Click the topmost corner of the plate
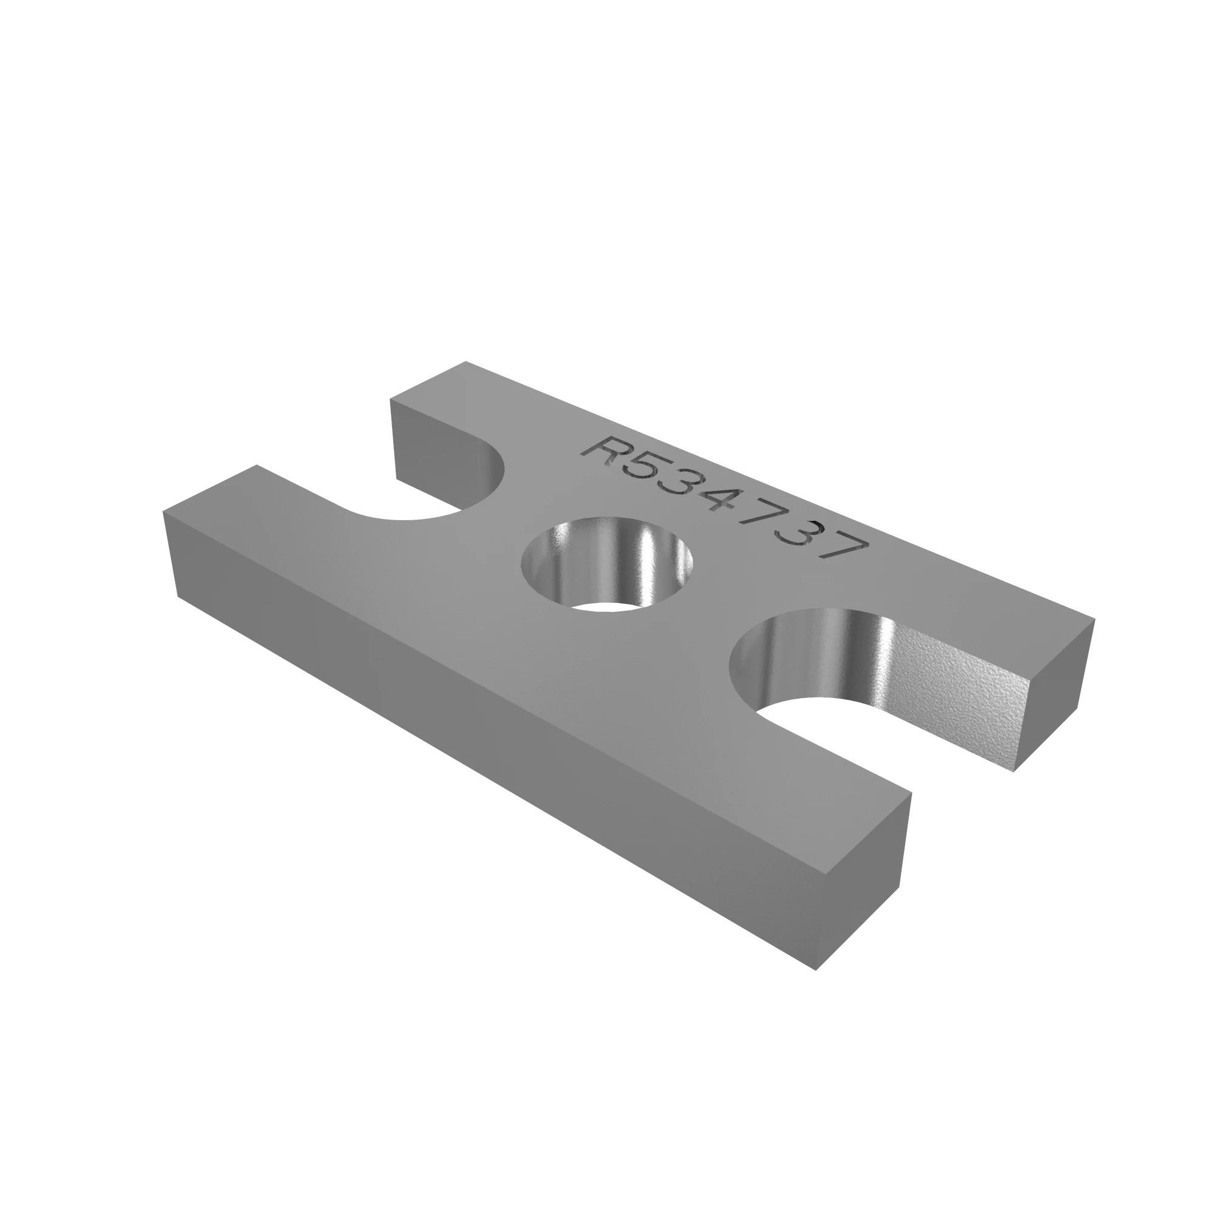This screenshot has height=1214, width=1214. (466, 362)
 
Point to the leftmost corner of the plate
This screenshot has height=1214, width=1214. (163, 512)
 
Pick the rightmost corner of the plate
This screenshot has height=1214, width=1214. (1095, 620)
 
